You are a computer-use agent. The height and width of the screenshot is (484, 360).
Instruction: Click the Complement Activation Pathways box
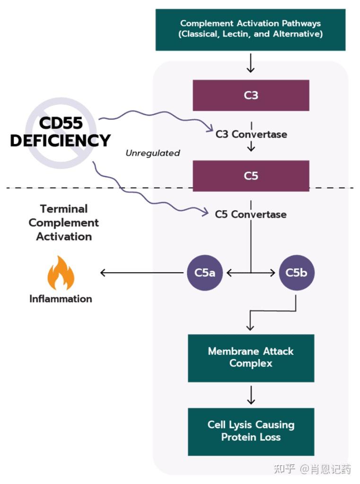pyautogui.click(x=251, y=29)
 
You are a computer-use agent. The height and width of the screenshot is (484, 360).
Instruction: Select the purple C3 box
pyautogui.click(x=251, y=95)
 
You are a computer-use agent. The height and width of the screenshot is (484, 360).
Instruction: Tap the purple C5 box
pyautogui.click(x=251, y=176)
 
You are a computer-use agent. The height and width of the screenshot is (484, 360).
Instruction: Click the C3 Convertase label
pyautogui.click(x=251, y=134)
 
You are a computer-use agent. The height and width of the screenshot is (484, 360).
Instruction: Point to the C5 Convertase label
pyautogui.click(x=251, y=215)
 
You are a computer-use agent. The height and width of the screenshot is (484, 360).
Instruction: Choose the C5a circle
pyautogui.click(x=205, y=273)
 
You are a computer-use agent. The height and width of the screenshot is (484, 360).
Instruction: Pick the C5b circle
pyautogui.click(x=297, y=273)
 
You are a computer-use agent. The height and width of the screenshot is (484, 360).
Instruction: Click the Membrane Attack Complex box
pyautogui.click(x=251, y=358)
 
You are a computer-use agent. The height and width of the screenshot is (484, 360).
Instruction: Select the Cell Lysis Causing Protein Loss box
pyautogui.click(x=251, y=431)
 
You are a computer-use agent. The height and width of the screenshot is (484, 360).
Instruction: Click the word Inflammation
pyautogui.click(x=61, y=299)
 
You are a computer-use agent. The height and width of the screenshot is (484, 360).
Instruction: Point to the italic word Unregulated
pyautogui.click(x=153, y=153)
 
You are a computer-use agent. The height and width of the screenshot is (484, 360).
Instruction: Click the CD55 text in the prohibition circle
pyautogui.click(x=61, y=123)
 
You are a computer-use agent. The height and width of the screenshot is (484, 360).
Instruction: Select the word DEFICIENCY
pyautogui.click(x=61, y=140)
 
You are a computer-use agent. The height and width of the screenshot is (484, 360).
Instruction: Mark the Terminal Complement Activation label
pyautogui.click(x=64, y=223)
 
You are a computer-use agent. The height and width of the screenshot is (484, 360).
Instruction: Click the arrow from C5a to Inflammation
pyautogui.click(x=142, y=273)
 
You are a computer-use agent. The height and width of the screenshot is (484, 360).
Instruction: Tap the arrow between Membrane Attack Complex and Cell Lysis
pyautogui.click(x=251, y=395)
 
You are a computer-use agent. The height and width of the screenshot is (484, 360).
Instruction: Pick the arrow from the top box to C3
pyautogui.click(x=251, y=63)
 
